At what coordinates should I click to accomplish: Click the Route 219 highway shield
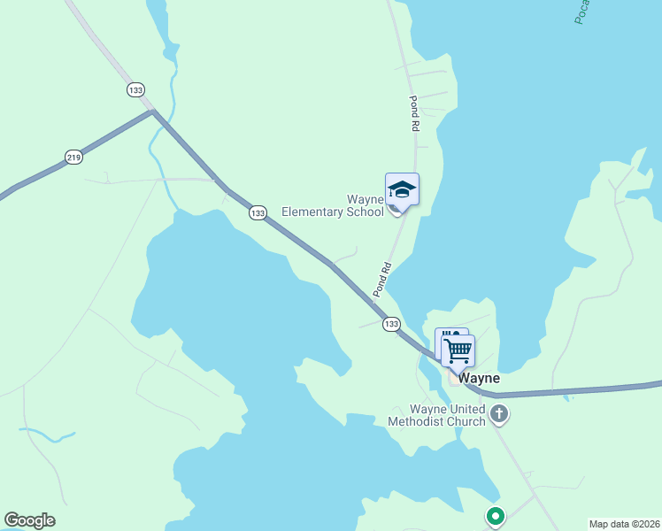tap(73, 158)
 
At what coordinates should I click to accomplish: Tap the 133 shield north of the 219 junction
tap(135, 90)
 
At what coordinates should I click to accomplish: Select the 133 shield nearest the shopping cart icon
tap(392, 325)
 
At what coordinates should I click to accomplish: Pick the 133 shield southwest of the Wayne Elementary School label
tap(258, 213)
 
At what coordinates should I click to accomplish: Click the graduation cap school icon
tap(402, 189)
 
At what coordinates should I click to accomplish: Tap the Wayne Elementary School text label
tap(333, 206)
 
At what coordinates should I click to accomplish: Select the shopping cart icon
tap(458, 350)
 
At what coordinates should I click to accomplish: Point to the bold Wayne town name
tap(479, 378)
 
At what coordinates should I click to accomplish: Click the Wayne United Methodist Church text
tap(436, 415)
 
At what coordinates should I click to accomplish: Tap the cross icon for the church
tap(499, 413)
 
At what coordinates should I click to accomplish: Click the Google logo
tap(29, 520)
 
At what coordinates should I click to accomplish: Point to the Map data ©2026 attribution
tap(624, 524)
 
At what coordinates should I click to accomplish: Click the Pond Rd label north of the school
tap(413, 113)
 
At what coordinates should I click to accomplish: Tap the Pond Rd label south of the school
tap(382, 280)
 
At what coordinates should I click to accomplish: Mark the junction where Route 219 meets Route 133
tap(153, 112)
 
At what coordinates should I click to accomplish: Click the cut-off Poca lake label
tap(581, 11)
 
